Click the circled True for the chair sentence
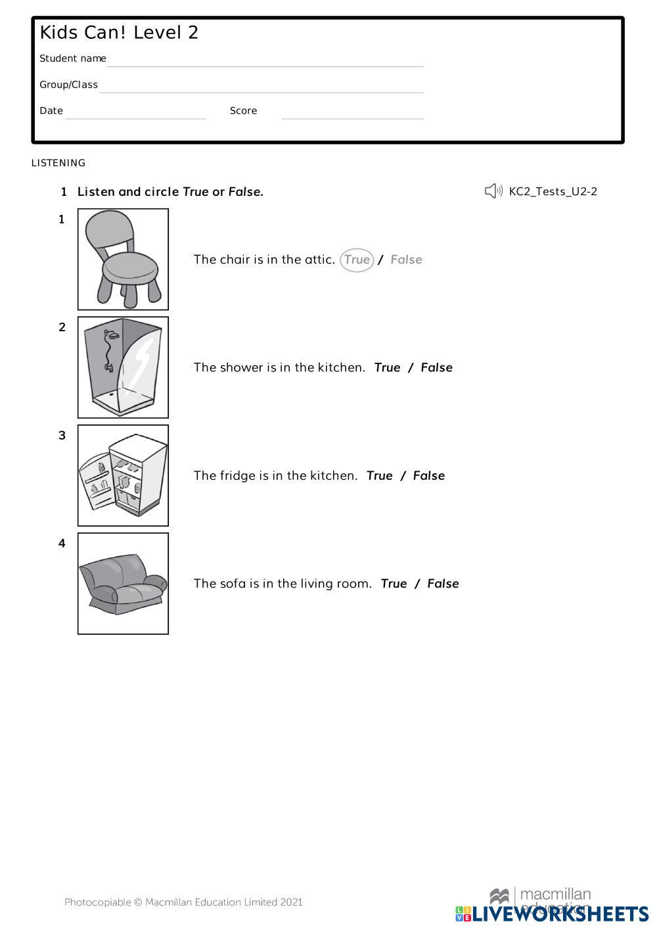click(357, 260)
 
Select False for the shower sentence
click(436, 367)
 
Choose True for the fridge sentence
click(379, 476)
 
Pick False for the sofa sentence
click(443, 584)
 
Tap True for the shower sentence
click(387, 367)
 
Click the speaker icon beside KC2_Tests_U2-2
click(493, 191)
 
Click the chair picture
click(123, 259)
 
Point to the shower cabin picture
click(123, 367)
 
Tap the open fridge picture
click(123, 475)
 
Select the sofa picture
click(123, 584)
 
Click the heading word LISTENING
click(58, 163)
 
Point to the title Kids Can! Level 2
click(119, 33)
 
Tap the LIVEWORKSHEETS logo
click(552, 914)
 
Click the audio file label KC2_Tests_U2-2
click(553, 191)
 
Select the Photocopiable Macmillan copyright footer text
click(183, 902)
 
